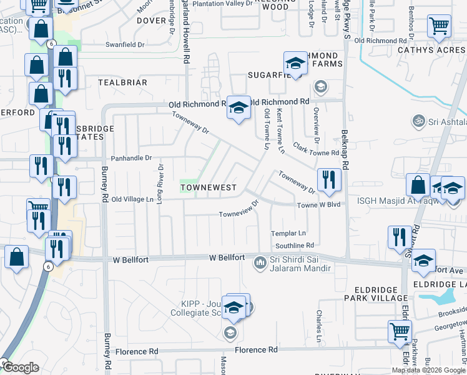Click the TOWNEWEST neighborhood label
[209, 187]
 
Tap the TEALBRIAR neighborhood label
[122, 82]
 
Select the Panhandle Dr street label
[132, 158]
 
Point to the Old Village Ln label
[132, 199]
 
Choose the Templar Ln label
[288, 233]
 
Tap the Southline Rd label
[295, 246]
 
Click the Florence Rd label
[256, 351]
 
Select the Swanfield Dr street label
[125, 45]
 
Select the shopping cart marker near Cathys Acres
[439, 26]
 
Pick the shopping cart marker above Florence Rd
[400, 331]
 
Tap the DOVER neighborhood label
[152, 21]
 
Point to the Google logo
[21, 368]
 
